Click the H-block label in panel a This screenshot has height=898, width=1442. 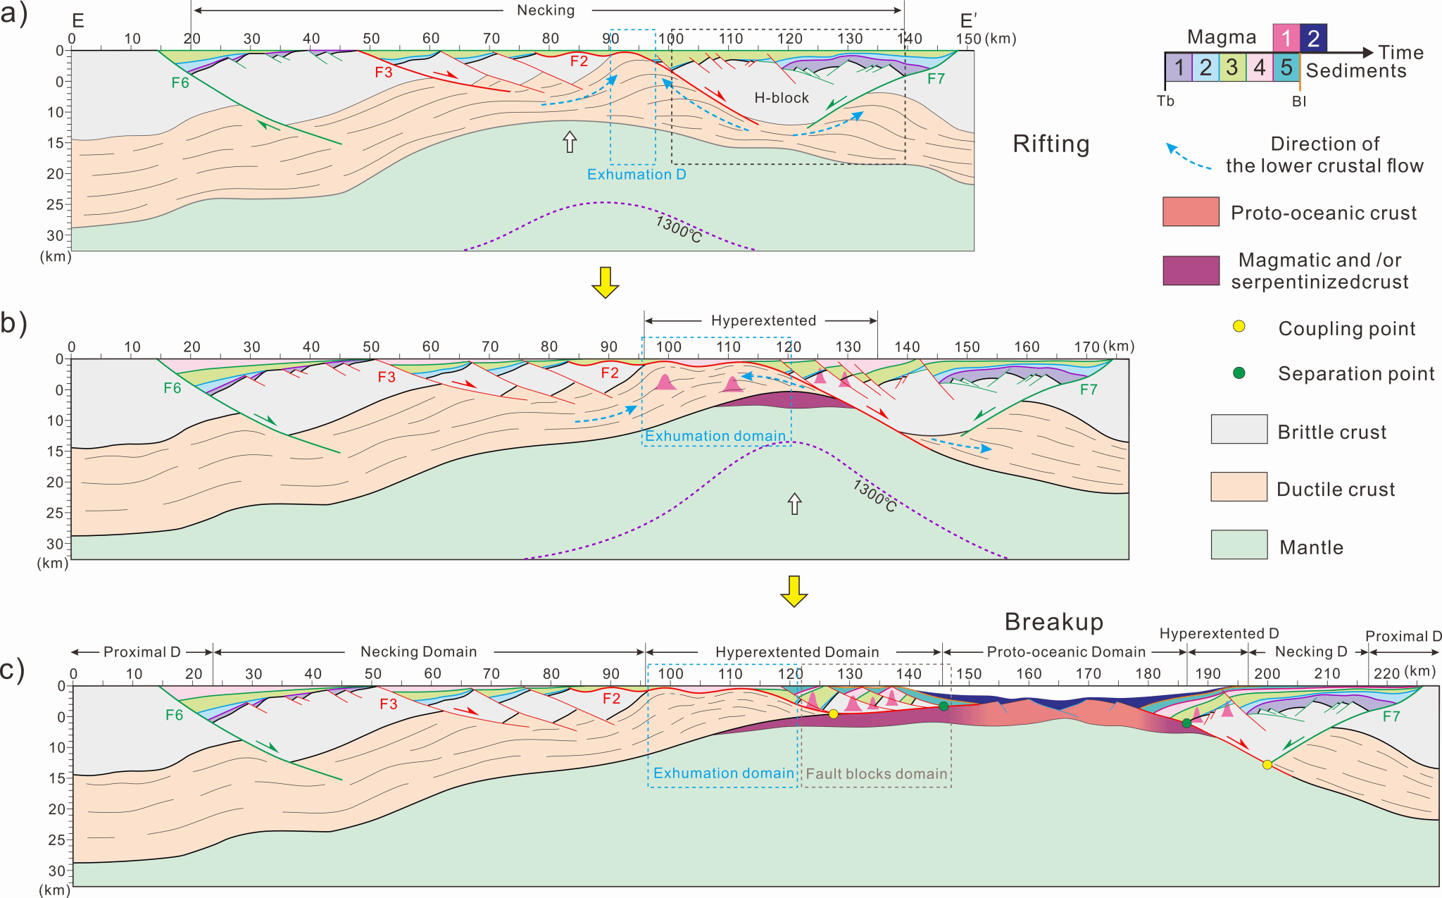[782, 98]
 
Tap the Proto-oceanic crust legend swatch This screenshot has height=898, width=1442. [1191, 212]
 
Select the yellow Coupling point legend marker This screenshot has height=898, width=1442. [1239, 326]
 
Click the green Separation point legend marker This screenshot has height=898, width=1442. [1239, 373]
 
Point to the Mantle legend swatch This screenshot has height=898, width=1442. [1239, 544]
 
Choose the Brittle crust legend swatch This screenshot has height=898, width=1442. [1239, 429]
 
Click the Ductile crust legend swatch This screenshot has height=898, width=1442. [1239, 487]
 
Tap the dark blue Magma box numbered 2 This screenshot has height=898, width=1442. [1313, 38]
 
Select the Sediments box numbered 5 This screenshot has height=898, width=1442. [1286, 68]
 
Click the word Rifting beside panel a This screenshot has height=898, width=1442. [1051, 144]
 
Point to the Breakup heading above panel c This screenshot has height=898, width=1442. [1053, 622]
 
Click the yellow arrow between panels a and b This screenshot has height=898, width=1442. [605, 282]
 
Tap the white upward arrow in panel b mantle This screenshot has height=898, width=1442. [794, 504]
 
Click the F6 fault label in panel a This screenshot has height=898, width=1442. [180, 83]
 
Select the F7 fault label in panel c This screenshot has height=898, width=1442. [1391, 716]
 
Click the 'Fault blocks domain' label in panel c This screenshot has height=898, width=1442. [877, 773]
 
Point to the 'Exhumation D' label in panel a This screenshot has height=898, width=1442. [637, 174]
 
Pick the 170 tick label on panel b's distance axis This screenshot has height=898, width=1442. [1087, 347]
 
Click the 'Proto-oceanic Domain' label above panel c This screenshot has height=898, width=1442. [1066, 652]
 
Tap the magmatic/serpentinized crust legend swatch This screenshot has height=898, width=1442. [1191, 270]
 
